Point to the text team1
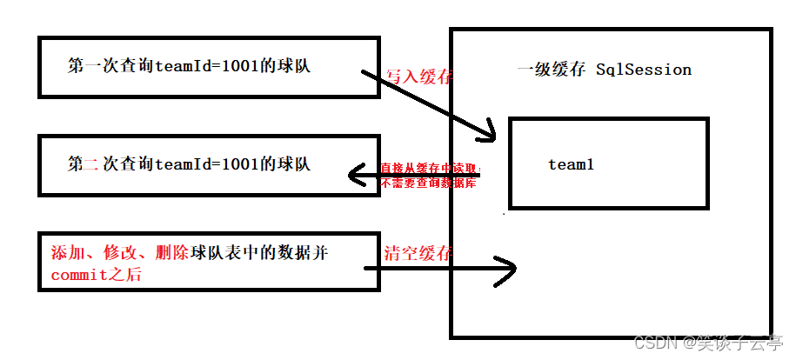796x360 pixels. (571, 163)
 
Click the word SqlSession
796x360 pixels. (644, 70)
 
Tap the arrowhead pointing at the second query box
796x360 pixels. (356, 176)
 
